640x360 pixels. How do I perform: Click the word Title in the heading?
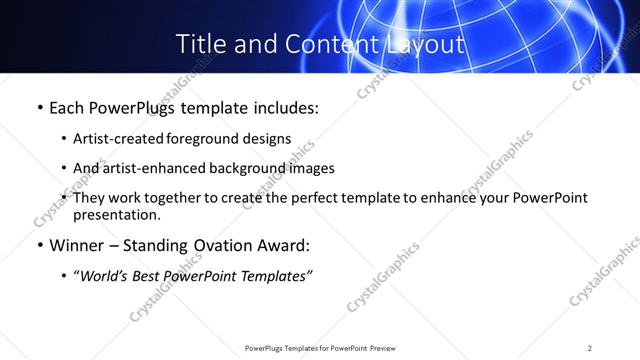(x=198, y=44)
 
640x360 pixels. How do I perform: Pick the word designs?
(x=269, y=139)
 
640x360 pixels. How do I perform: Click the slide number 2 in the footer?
(x=590, y=348)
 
